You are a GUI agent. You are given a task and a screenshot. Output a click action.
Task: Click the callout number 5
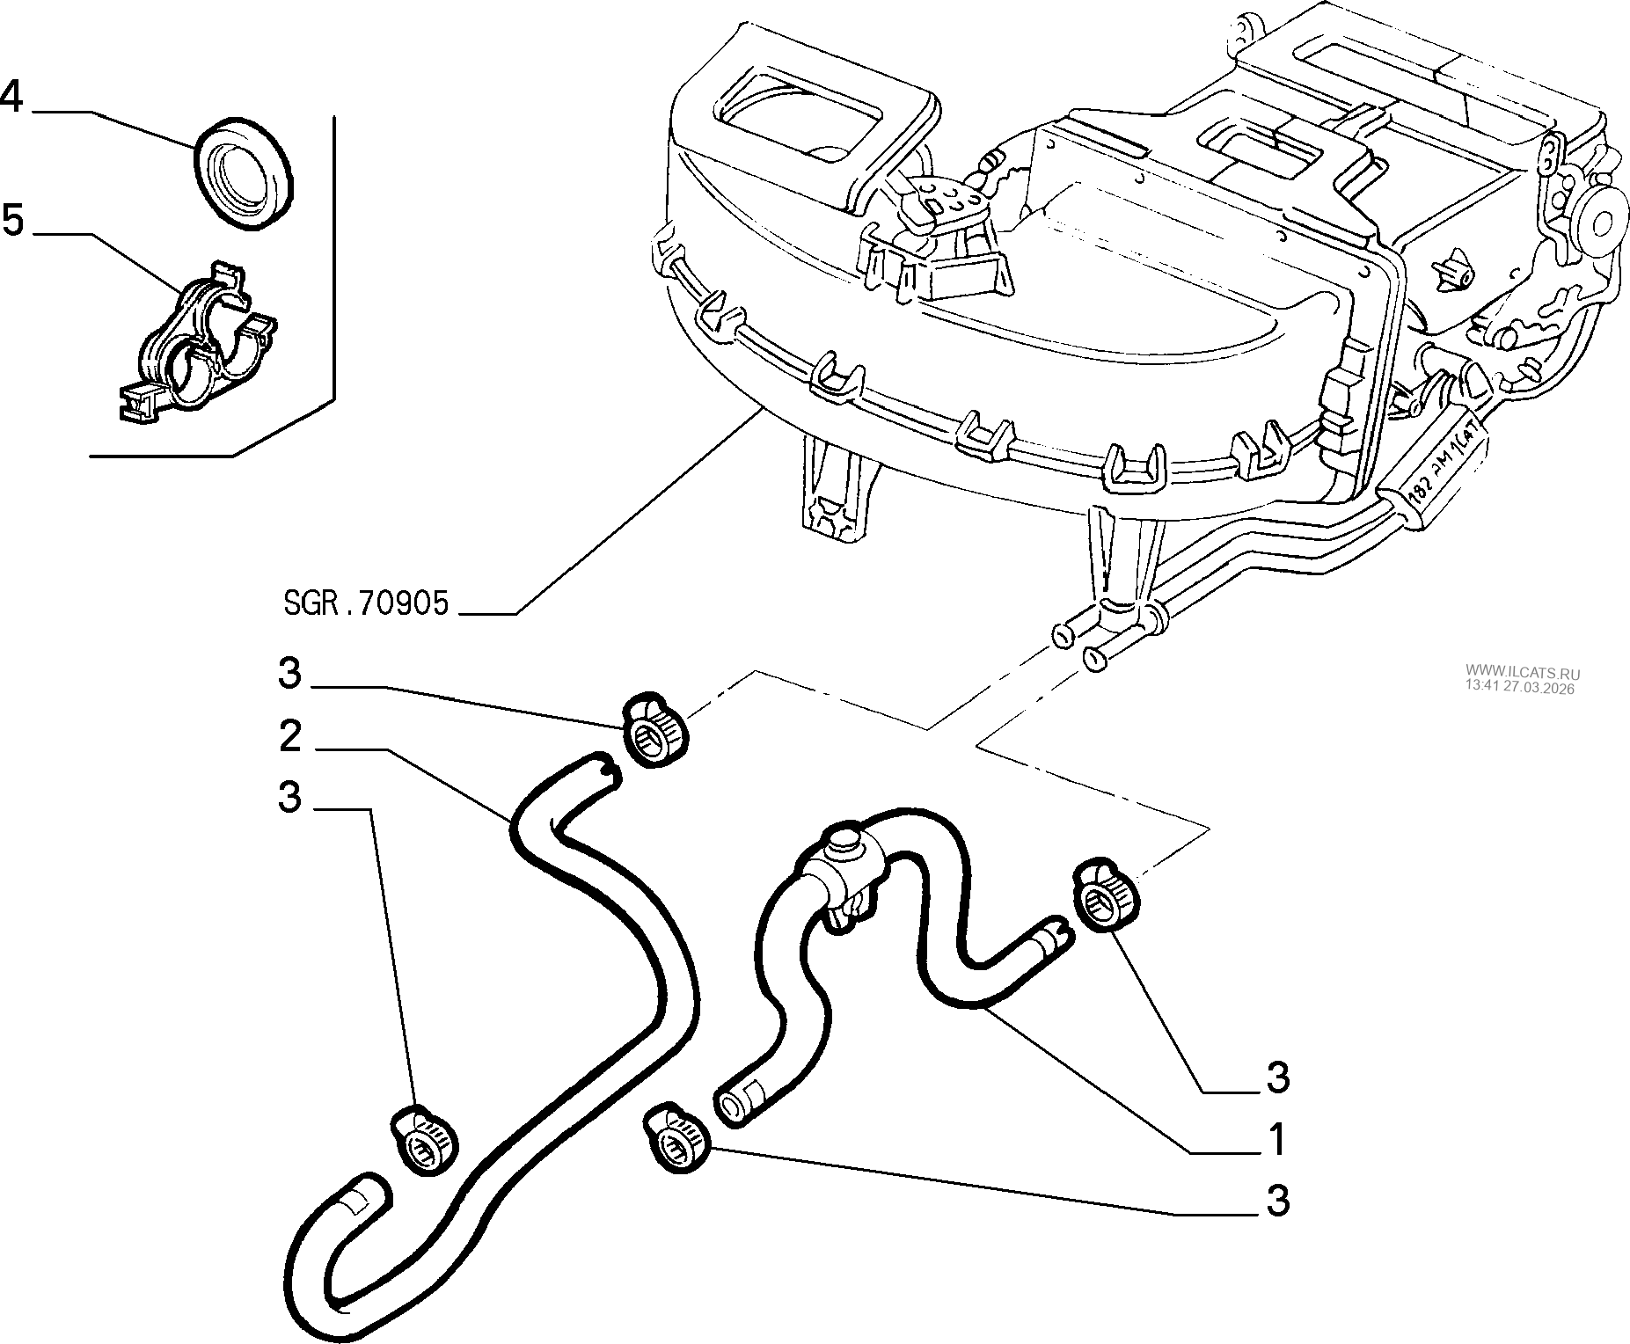12,219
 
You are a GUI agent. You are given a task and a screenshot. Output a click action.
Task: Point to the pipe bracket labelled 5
199,343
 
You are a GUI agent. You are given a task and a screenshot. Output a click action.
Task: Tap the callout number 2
290,737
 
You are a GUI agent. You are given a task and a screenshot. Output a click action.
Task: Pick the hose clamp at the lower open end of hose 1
677,1139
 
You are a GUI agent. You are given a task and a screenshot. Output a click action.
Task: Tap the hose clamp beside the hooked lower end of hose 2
425,1141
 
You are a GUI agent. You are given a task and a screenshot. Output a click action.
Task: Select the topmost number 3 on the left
289,675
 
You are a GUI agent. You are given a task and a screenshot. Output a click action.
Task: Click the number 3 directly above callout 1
1277,1077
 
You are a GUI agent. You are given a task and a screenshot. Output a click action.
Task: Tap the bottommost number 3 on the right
1277,1201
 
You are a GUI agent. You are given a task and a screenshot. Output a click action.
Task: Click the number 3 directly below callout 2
289,799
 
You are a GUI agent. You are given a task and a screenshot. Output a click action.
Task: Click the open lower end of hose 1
732,1103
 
